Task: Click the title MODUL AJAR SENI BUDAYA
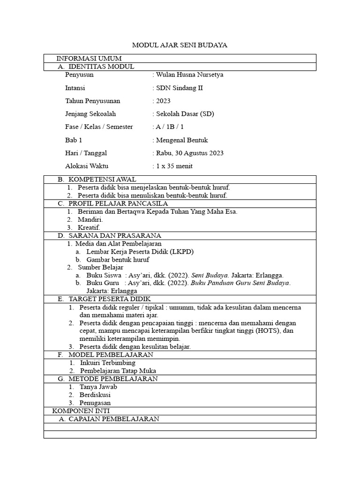tap(180, 45)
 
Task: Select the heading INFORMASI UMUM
tap(89, 59)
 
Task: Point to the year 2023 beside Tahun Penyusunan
tap(164, 101)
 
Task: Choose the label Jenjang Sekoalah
tap(90, 114)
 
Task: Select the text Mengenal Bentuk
tap(182, 140)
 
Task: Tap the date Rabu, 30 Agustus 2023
tap(189, 153)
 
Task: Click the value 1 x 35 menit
tap(174, 166)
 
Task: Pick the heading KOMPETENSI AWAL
tap(102, 180)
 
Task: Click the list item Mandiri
tap(90, 219)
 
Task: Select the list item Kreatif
tap(89, 227)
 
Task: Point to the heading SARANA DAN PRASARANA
tap(115, 235)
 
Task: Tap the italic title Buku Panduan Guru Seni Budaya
tap(243, 283)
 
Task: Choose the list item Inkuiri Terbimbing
tap(108, 363)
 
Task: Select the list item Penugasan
tap(95, 403)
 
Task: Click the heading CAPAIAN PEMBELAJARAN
tap(114, 419)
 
